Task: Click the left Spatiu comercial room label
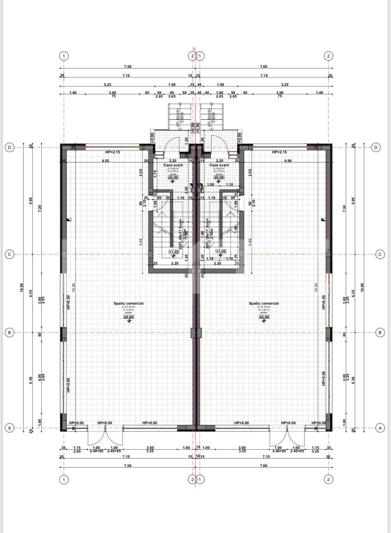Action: [128, 303]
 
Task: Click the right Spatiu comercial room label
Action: [264, 303]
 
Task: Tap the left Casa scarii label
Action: [173, 165]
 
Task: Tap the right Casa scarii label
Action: [219, 165]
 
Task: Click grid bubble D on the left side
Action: [9, 147]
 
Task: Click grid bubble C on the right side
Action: [380, 254]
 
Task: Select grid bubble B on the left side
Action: [9, 332]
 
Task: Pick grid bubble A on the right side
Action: [380, 428]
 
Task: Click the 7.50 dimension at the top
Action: [127, 66]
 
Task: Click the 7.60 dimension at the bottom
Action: [264, 466]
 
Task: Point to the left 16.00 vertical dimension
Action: [21, 287]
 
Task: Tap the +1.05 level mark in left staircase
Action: [173, 252]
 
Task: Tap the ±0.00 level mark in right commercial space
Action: [264, 317]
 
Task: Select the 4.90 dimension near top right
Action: [287, 161]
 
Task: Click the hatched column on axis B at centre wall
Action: [196, 333]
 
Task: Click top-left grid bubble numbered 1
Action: [64, 56]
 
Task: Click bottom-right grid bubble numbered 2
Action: [328, 480]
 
